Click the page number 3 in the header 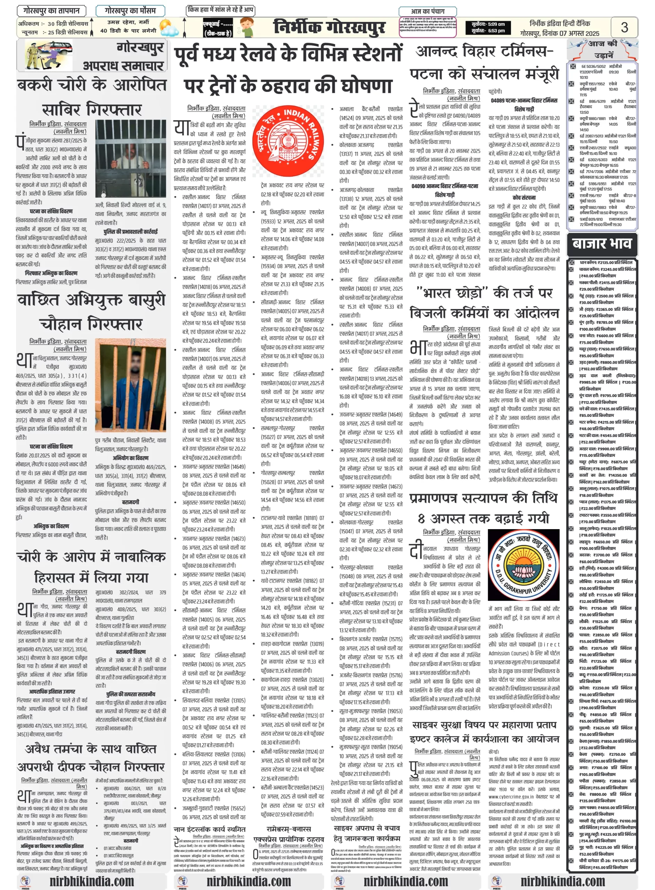[x=624, y=27]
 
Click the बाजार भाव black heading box [x=601, y=243]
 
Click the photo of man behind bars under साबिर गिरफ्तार [x=130, y=159]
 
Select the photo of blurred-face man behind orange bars [x=130, y=384]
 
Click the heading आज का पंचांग [x=427, y=11]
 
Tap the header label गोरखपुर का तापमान [x=51, y=11]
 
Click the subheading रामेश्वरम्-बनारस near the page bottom [x=289, y=829]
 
